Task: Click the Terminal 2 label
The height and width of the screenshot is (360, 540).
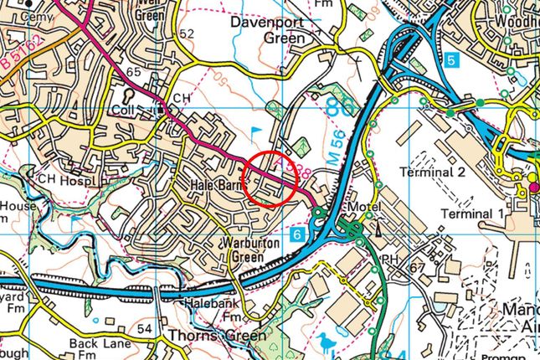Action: (432, 172)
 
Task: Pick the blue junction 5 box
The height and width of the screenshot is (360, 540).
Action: (451, 60)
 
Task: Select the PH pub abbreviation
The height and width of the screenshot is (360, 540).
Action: (390, 259)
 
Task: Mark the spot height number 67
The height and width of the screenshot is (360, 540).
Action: (418, 266)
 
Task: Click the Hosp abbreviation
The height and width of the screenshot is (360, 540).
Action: (77, 181)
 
